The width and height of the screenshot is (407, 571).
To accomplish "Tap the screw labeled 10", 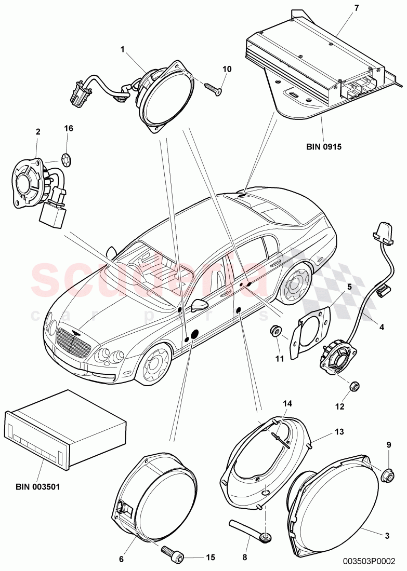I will pos(213,89).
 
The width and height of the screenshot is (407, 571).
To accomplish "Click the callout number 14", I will pos(288,403).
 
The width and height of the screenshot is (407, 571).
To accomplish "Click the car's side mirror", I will pos(198,305).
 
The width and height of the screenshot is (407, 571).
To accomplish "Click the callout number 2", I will pos(38,132).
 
